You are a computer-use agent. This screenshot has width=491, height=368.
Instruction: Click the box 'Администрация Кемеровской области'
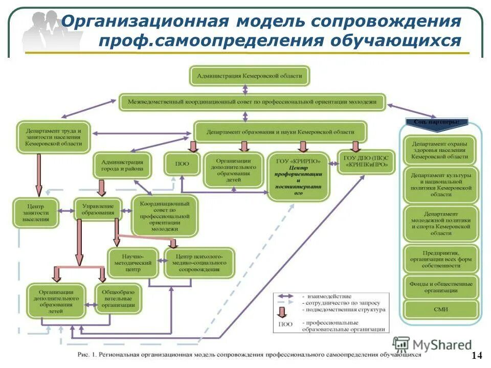coord(250,76)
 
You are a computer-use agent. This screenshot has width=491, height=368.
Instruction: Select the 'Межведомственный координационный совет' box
coord(253,102)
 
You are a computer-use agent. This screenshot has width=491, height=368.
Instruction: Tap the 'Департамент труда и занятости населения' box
coord(53,136)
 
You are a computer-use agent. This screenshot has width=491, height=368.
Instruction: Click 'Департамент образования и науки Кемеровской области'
coord(280,131)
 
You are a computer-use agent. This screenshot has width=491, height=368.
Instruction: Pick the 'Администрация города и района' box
coord(122,165)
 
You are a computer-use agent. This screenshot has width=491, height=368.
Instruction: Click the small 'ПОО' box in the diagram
coord(181,164)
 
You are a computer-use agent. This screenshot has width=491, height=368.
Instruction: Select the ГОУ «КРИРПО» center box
coord(299,177)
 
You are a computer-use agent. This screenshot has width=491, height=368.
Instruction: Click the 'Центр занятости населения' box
coord(36,212)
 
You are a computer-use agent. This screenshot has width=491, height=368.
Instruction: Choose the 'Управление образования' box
coord(98,209)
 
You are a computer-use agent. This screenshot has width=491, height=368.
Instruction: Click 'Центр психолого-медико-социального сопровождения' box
coord(199,262)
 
